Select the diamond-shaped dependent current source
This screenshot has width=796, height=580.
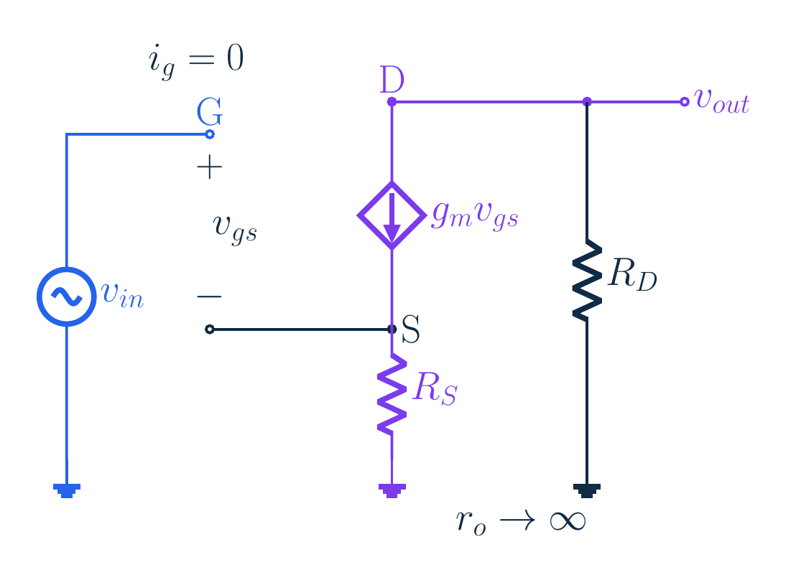coord(358,215)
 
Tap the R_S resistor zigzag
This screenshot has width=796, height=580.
coord(392,394)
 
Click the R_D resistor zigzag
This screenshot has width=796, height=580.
coord(587,280)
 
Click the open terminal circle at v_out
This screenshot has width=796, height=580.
coord(685,102)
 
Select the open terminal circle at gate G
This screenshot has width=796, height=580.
coord(210,134)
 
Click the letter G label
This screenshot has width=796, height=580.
coord(210,112)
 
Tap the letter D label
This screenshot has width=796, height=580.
coord(392,80)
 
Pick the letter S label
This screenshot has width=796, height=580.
coord(411,329)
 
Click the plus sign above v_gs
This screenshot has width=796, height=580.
coord(210,167)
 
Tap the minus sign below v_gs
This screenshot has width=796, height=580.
coord(209,296)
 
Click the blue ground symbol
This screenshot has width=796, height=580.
coord(67,490)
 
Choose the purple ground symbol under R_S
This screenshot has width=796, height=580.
coord(392,490)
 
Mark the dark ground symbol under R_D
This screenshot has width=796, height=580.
coord(587,490)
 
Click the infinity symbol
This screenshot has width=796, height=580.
coord(568,521)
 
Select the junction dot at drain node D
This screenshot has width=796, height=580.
coord(392,102)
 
